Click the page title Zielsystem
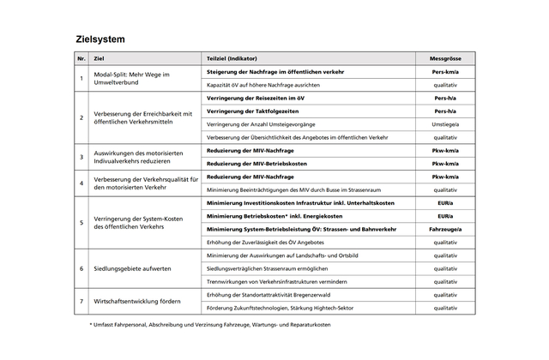click(100, 39)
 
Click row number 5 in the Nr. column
click(81, 223)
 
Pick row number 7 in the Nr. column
click(81, 301)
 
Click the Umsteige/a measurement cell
click(445, 124)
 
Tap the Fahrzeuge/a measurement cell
click(445, 229)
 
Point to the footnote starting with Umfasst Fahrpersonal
click(211, 326)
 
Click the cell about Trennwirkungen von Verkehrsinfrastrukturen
click(277, 281)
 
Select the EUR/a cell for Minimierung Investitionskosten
click(445, 203)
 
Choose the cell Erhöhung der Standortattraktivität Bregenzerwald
click(274, 295)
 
